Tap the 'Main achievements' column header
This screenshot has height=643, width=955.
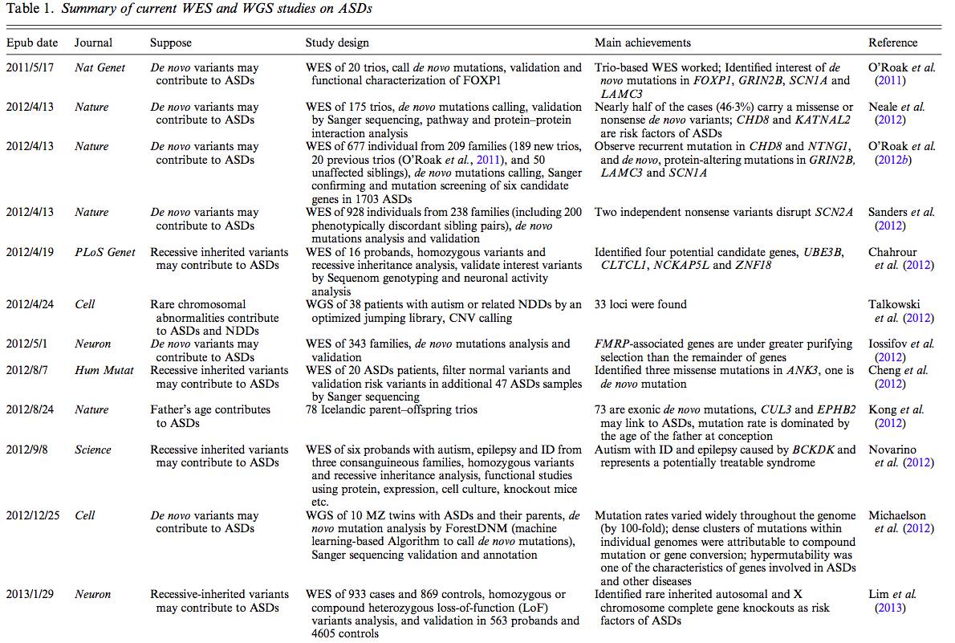pyautogui.click(x=642, y=43)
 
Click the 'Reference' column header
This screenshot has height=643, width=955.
pyautogui.click(x=892, y=43)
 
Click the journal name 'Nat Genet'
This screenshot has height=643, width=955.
pyautogui.click(x=100, y=68)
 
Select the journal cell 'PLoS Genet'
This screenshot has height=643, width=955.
pyautogui.click(x=105, y=252)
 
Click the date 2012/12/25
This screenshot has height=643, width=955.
pyautogui.click(x=35, y=515)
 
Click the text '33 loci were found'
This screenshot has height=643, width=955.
pyautogui.click(x=640, y=304)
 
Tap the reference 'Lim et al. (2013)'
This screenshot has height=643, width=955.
pyautogui.click(x=892, y=600)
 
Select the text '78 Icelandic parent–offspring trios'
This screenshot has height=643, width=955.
pyautogui.click(x=391, y=409)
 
